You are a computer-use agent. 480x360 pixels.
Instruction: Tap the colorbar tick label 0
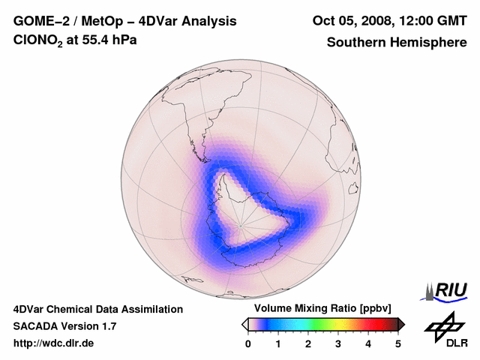[248, 343]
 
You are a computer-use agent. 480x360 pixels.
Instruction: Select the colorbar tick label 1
[278, 343]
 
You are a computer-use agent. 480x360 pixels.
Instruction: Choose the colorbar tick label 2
[308, 343]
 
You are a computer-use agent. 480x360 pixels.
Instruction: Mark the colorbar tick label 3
[338, 343]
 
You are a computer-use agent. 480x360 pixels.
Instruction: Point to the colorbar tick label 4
[368, 343]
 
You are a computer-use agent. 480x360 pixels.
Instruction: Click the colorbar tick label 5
[398, 343]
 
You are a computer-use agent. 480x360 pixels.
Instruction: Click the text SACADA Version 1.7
[64, 326]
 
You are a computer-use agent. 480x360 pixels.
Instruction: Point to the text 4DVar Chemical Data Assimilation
[98, 309]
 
